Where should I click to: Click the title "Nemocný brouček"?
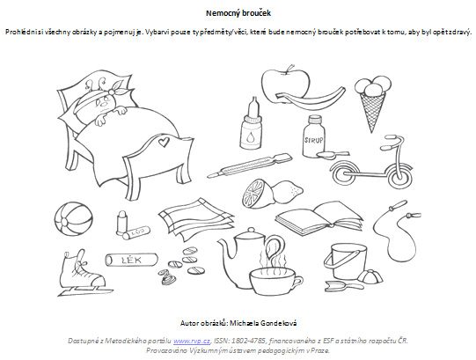tap(238, 13)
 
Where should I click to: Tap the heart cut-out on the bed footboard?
tap(163, 142)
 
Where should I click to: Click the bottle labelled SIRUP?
tap(313, 136)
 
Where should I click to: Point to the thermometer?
tap(250, 165)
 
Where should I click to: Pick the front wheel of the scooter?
tap(399, 175)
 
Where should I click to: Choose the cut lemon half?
tap(254, 194)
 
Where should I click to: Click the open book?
tap(319, 218)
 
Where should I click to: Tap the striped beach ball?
tap(73, 219)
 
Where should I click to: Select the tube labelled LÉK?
tap(131, 260)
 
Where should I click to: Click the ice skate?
tap(82, 273)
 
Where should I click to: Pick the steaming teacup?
tap(275, 281)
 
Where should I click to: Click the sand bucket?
tap(346, 261)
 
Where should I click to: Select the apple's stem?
tap(290, 68)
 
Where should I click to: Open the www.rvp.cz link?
tap(192, 341)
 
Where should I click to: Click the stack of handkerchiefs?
tap(197, 219)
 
